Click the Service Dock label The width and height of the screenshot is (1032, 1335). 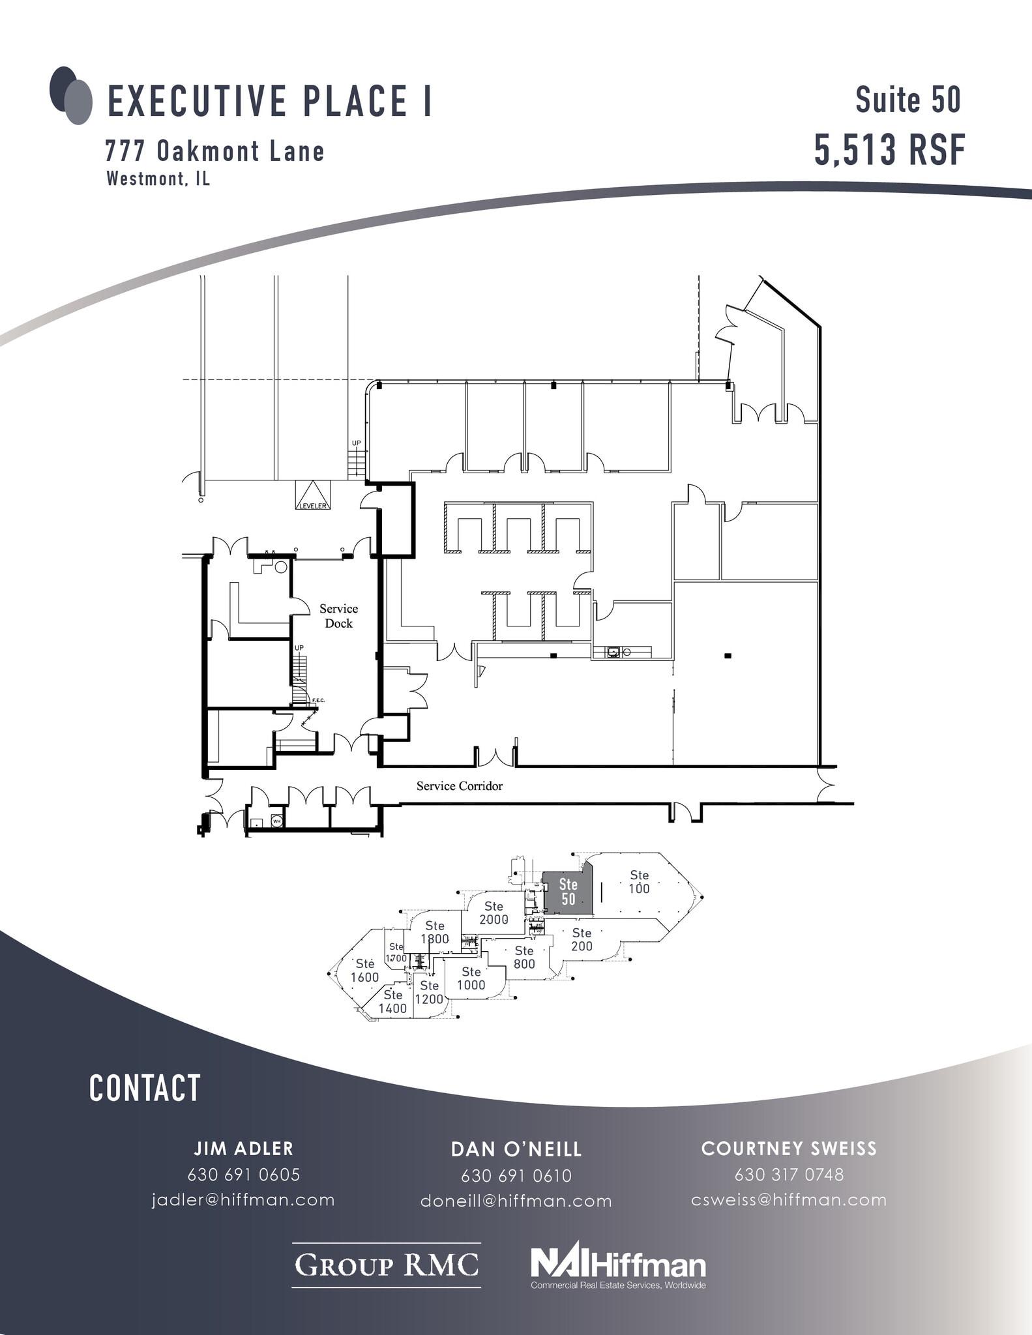(338, 616)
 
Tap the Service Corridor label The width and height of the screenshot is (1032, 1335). (460, 786)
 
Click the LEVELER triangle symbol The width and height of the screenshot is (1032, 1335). (314, 496)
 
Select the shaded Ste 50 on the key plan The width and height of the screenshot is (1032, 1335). (568, 892)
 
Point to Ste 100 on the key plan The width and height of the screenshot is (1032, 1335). (639, 882)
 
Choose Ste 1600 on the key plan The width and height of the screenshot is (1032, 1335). (364, 971)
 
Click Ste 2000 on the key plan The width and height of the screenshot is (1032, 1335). (494, 913)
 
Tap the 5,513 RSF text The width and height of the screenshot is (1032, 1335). (889, 150)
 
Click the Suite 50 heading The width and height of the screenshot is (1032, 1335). (908, 100)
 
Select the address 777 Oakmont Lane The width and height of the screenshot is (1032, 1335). (214, 152)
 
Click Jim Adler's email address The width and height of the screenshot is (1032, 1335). (243, 1200)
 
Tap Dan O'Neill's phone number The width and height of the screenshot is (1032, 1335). (516, 1176)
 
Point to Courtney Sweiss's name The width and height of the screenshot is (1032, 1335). (789, 1149)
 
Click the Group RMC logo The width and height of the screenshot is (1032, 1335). (386, 1265)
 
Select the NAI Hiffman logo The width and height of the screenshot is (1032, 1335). (618, 1265)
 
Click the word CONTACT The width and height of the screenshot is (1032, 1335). (145, 1089)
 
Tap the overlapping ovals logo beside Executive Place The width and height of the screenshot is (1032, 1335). (71, 96)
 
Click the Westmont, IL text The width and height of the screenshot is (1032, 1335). (158, 179)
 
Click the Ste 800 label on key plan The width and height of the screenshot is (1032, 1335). (524, 958)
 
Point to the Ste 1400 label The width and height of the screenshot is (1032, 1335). (392, 1001)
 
